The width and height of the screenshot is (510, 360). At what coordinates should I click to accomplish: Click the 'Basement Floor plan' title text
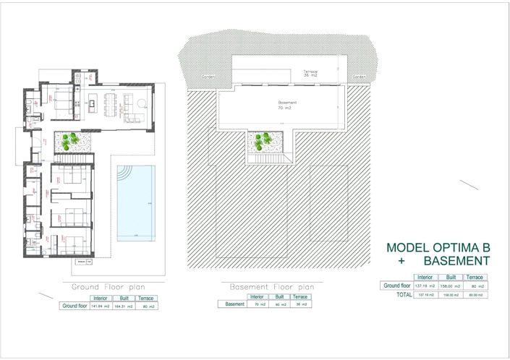[x=266, y=287]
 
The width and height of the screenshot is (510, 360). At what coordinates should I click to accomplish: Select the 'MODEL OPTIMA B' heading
[x=438, y=248]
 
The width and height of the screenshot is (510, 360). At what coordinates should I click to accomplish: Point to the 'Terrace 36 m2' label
[x=310, y=73]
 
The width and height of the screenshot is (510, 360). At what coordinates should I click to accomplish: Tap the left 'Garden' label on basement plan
[x=208, y=76]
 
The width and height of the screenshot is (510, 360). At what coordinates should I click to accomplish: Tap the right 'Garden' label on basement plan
[x=358, y=76]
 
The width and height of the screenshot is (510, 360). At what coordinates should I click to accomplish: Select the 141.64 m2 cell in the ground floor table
[x=100, y=307]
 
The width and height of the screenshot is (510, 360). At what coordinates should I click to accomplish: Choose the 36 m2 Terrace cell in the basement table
[x=300, y=304]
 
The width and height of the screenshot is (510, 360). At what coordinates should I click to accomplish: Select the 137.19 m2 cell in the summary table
[x=423, y=286]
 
